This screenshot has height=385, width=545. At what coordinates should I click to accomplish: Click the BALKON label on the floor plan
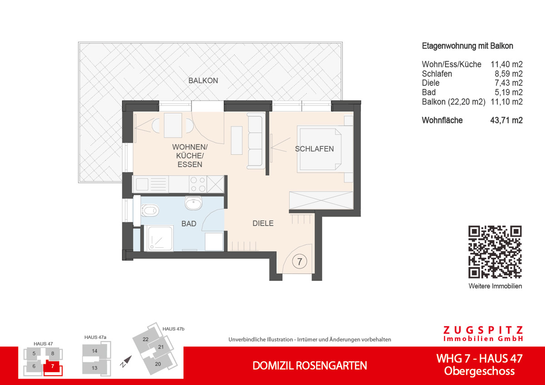coord(203,80)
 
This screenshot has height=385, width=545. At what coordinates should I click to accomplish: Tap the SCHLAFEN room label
coord(314,149)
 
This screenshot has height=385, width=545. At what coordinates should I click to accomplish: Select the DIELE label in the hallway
coord(263,223)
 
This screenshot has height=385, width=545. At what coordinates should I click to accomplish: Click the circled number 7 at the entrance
coord(299,262)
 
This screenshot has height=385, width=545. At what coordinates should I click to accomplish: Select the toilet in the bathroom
coord(150,210)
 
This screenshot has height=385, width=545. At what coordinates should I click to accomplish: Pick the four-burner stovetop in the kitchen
coord(198,184)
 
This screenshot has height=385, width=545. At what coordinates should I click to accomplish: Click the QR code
coord(495,252)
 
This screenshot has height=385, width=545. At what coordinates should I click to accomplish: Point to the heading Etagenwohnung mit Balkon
coord(467,46)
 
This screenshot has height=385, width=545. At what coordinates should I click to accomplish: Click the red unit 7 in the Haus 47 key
coord(53,365)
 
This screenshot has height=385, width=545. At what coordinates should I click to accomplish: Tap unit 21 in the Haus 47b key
coord(161,347)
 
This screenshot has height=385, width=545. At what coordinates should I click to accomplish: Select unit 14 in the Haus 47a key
coord(94,351)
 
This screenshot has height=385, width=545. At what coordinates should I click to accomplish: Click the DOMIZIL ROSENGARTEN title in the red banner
coord(310,365)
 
